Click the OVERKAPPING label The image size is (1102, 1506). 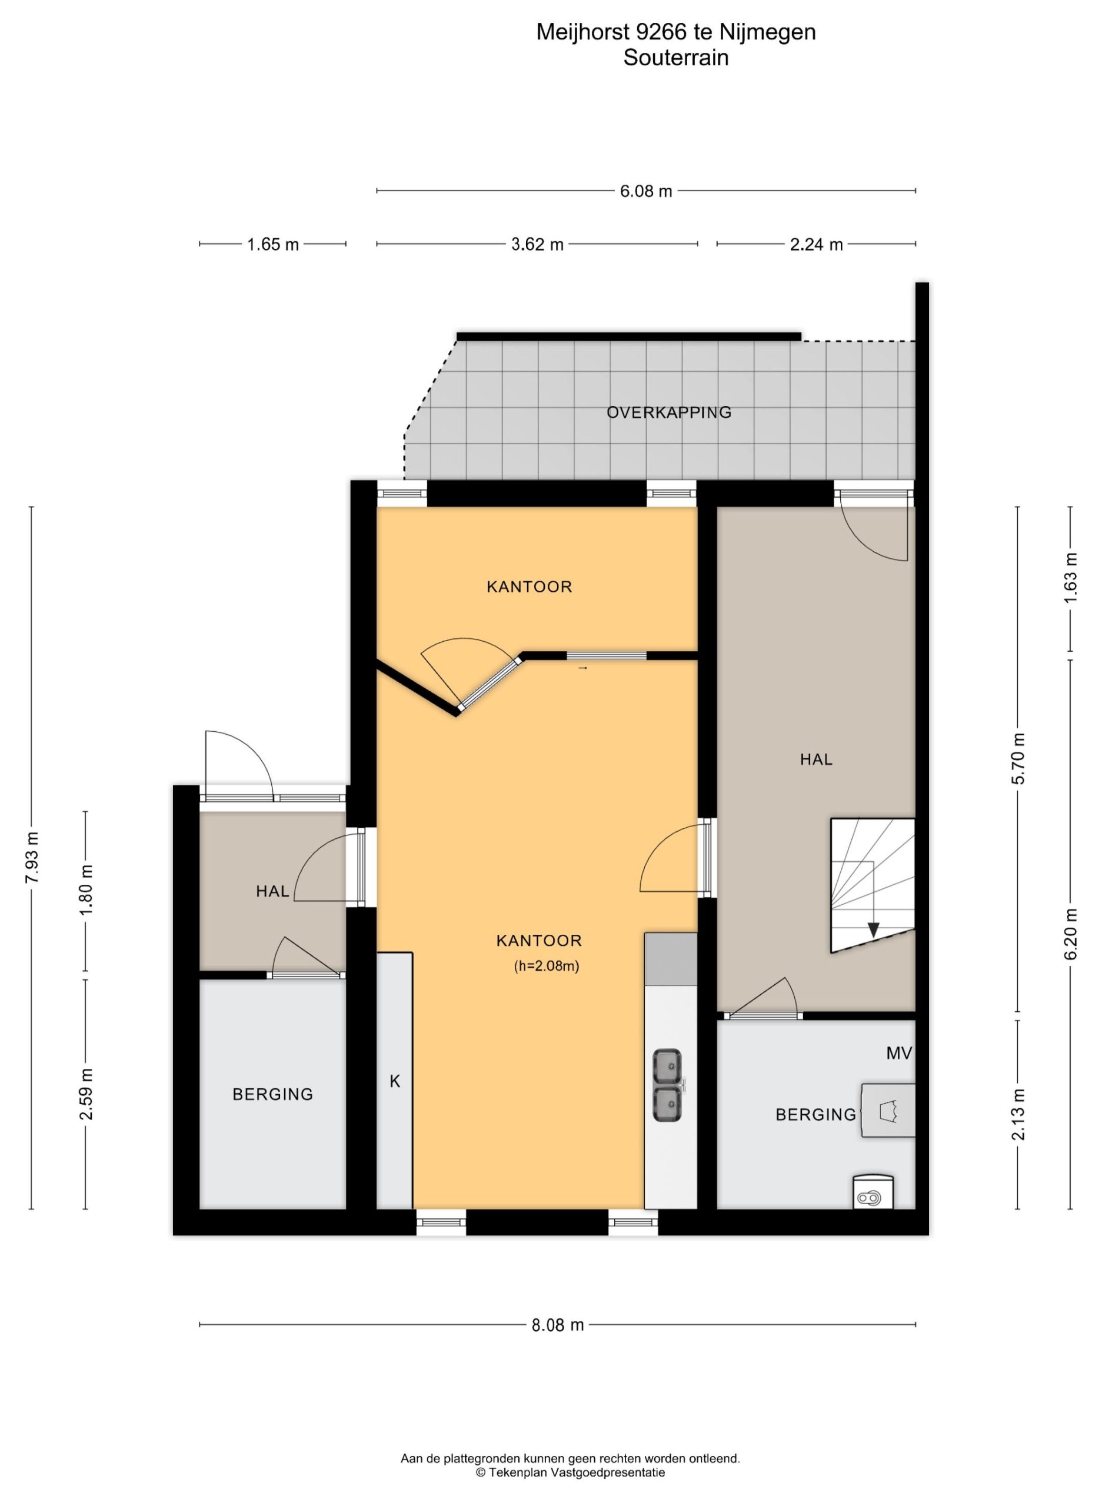[x=668, y=412]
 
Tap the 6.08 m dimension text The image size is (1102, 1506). [x=645, y=191]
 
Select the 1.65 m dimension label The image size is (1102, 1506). [x=273, y=245]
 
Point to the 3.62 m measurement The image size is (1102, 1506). [x=537, y=245]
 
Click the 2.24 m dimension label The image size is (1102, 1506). [x=816, y=245]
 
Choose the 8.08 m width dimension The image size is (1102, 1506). [x=558, y=1325]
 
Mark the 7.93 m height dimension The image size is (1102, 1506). [x=31, y=858]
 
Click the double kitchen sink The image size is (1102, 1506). [x=668, y=1085]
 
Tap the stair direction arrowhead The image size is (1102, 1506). [x=873, y=929]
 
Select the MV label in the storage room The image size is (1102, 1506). [x=898, y=1053]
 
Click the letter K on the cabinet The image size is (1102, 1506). [x=395, y=1081]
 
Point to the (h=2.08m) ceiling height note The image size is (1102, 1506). [x=547, y=966]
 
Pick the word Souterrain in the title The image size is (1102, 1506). [x=676, y=58]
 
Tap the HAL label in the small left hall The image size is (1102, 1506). [x=272, y=892]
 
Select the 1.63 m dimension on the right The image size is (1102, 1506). [x=1071, y=578]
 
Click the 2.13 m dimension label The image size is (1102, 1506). [x=1018, y=1114]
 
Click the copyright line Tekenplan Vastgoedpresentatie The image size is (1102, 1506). [x=570, y=1472]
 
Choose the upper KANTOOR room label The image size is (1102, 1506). [x=529, y=587]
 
